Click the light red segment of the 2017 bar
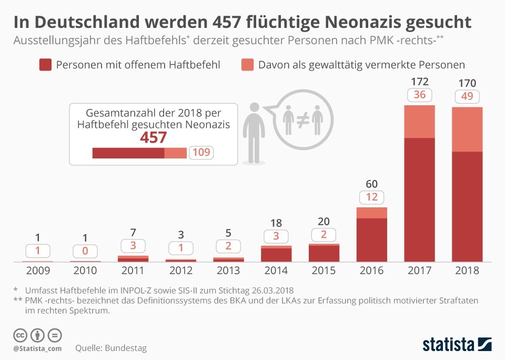(x=419, y=122)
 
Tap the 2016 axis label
(x=371, y=271)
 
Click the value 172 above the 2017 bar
(x=419, y=82)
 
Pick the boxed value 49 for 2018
(x=467, y=96)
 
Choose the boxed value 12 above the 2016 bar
(x=372, y=197)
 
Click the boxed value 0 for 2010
(x=85, y=251)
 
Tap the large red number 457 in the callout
(x=153, y=137)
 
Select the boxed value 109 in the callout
(x=201, y=153)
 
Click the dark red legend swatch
(x=45, y=65)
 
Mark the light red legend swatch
(x=247, y=65)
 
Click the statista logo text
(x=447, y=345)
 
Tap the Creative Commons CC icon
(x=21, y=335)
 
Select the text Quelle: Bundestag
(x=111, y=348)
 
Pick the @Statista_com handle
(x=37, y=348)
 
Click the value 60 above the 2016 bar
(x=372, y=184)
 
